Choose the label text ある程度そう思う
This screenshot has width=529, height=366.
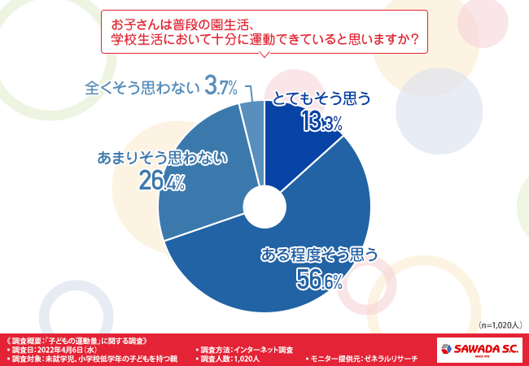318,255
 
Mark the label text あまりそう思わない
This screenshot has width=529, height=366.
162,158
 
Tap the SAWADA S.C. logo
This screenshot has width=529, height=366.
479,349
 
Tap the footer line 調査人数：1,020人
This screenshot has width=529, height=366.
231,358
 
